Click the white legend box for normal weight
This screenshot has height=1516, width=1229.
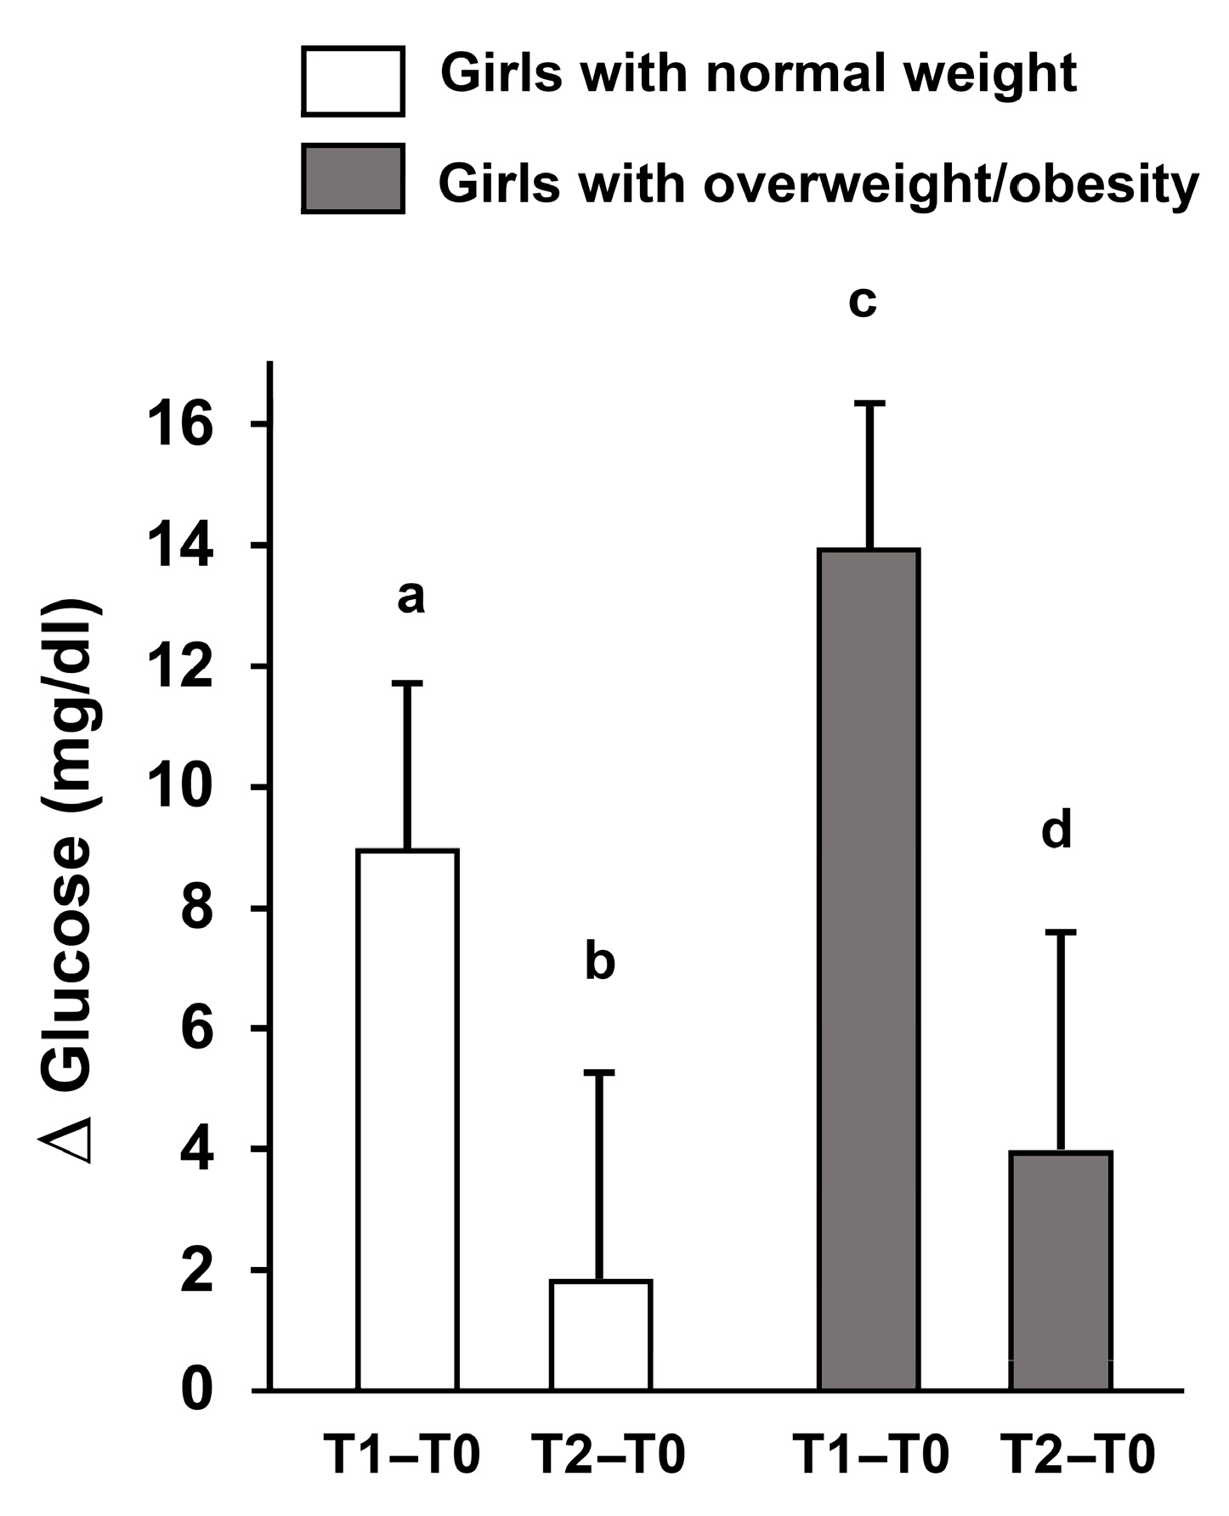click(x=353, y=82)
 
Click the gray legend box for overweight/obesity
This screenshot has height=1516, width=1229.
click(x=353, y=178)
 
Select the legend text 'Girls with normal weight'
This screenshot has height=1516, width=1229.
click(x=758, y=74)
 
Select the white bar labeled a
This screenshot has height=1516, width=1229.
click(x=407, y=1119)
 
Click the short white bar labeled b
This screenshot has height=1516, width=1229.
click(x=601, y=1335)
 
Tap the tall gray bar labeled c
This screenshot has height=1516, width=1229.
click(x=869, y=969)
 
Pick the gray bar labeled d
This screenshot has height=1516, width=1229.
click(x=1061, y=1270)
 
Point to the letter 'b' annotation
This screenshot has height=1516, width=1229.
click(x=600, y=963)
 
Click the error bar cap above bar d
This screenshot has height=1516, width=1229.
click(x=1061, y=932)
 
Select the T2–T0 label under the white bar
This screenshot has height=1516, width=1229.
click(x=608, y=1455)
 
